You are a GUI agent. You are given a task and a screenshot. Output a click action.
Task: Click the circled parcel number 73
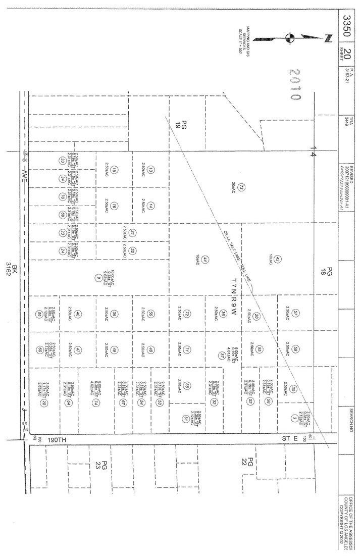pyautogui.click(x=242, y=187)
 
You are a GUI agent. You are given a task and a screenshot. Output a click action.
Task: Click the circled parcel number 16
pyautogui.click(x=115, y=206)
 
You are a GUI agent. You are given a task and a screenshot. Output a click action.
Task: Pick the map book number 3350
pyautogui.click(x=347, y=24)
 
